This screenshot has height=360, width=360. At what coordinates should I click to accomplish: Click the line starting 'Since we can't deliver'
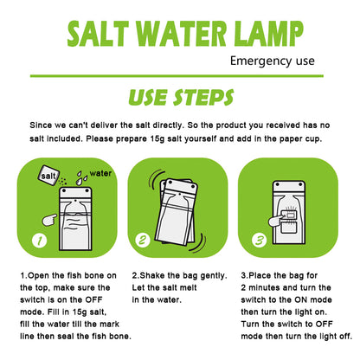click(x=179, y=124)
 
